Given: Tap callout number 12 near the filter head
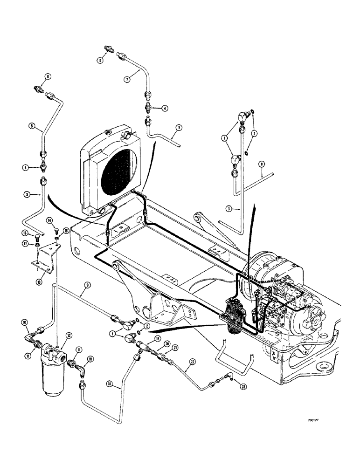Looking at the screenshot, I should pos(69,335).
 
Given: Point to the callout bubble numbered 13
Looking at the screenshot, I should pos(39,281).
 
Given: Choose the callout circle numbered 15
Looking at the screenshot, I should pos(66,230).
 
